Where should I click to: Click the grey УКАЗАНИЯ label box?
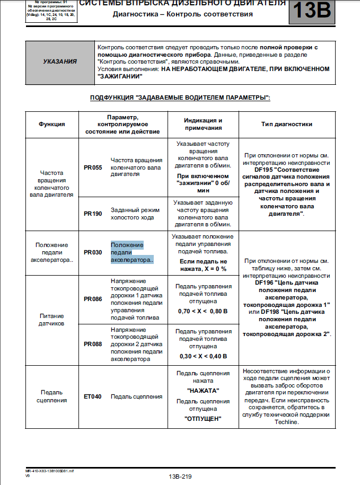59,61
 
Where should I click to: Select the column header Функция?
52,124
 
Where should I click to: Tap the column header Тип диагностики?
286,124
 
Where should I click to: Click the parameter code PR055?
93,167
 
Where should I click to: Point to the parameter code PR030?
93,253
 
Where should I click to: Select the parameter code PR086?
93,299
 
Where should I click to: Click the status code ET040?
93,396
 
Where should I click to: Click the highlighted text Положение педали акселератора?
131,253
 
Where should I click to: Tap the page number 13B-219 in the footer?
180,477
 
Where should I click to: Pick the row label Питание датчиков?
52,319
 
